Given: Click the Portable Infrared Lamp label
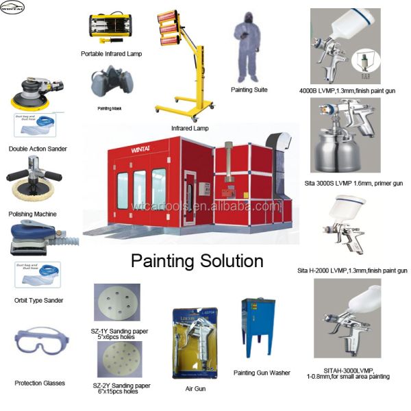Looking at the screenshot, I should (x=111, y=53).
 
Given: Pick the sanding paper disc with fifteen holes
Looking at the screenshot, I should (x=116, y=362).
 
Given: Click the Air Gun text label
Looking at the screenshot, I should (x=195, y=389).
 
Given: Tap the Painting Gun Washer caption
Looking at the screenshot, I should (x=262, y=373).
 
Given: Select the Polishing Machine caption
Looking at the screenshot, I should (x=33, y=214).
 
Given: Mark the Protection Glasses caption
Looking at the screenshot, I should (x=40, y=383).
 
